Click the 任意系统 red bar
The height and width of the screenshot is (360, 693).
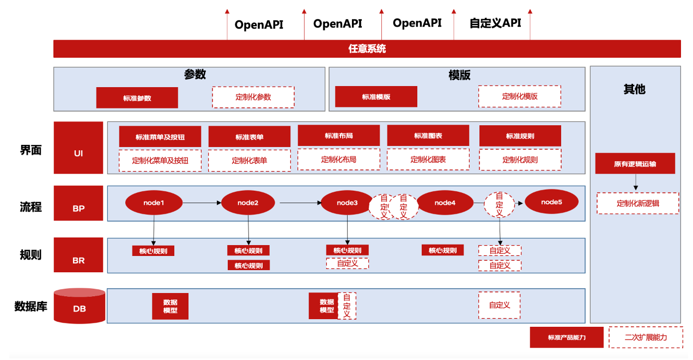point(367,48)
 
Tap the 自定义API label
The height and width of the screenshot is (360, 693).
point(495,23)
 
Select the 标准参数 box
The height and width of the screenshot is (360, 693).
point(137,98)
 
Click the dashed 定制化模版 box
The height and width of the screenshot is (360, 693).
point(519,96)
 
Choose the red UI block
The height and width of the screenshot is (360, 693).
point(78,147)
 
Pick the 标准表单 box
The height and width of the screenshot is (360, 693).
point(249,137)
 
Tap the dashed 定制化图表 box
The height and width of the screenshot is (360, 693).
point(428,160)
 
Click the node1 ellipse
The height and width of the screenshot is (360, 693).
point(154,203)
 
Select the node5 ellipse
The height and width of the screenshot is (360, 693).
point(551,202)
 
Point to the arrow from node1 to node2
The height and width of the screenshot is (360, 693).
point(201,203)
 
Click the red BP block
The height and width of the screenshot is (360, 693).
point(78,203)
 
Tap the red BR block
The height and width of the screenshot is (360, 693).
point(78,255)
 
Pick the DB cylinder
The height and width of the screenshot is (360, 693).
point(80,306)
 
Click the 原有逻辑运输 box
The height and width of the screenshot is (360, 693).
point(635,163)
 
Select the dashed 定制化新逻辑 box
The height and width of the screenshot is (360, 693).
point(637,203)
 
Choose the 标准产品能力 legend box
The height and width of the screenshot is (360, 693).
point(567,337)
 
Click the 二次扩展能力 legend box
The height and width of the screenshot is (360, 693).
point(646,337)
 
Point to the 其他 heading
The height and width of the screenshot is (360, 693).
point(634,89)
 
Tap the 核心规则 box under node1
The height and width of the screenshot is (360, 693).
point(153,251)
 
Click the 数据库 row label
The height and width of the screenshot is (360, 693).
point(31,306)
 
